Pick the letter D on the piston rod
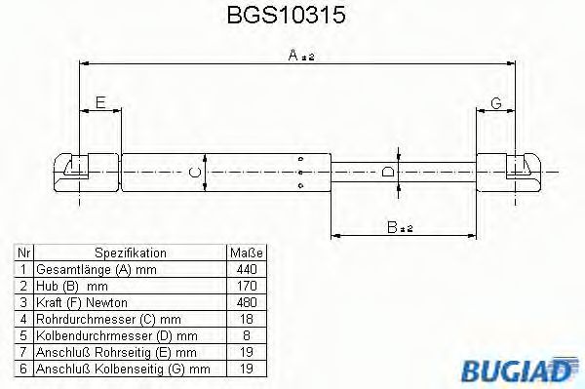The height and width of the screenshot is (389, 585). (x=389, y=172)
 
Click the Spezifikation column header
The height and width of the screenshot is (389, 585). (x=131, y=253)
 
